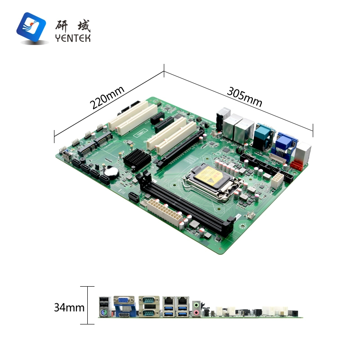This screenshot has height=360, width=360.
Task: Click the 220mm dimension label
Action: [x=107, y=98]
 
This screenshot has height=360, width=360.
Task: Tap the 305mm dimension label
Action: [x=244, y=97]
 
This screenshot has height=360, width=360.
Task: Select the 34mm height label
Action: [x=69, y=307]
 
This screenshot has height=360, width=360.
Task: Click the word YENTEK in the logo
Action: [x=73, y=38]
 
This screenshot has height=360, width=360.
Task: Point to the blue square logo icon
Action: [x=31, y=27]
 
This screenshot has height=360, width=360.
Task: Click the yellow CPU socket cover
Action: [x=210, y=176]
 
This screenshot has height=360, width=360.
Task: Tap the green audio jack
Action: [x=196, y=305]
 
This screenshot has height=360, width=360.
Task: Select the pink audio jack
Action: [x=196, y=312]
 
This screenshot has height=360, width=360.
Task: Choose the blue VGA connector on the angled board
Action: [x=284, y=144]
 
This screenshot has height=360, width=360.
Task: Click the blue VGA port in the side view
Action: [x=124, y=300]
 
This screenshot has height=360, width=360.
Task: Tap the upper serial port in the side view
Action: [x=149, y=300]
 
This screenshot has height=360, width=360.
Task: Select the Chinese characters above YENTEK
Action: [x=73, y=26]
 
